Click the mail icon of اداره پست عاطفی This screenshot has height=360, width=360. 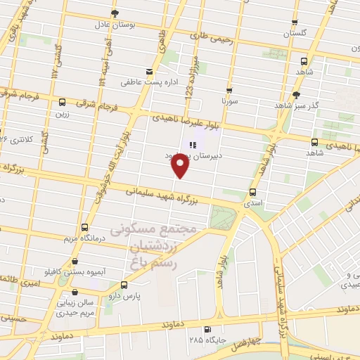[148, 72]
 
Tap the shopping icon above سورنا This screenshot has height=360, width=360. [229, 91]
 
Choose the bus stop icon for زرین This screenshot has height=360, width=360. [63, 102]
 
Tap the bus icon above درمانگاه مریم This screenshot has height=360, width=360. [84, 227]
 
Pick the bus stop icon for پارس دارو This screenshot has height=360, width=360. [124, 285]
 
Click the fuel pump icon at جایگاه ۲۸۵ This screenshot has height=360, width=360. [207, 329]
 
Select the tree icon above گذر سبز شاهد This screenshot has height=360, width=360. [296, 94]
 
